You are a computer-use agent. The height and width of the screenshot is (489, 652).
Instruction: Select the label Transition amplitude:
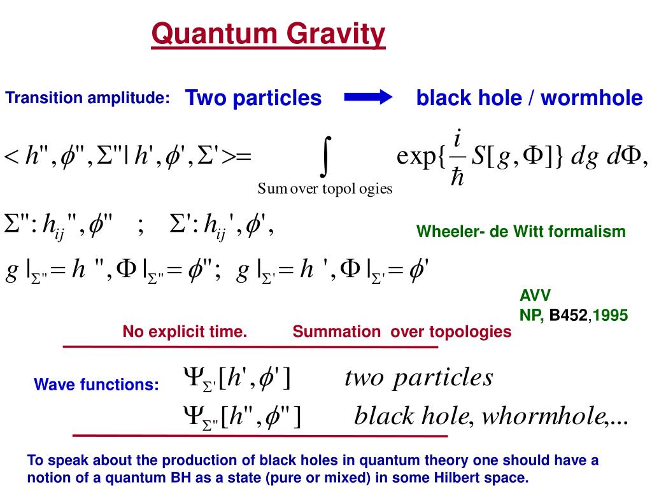tap(88, 98)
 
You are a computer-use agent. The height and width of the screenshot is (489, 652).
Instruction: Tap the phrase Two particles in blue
tap(253, 98)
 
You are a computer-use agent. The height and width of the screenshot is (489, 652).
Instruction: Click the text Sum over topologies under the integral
tap(325, 188)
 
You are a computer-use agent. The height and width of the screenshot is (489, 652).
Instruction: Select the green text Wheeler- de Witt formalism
tap(521, 232)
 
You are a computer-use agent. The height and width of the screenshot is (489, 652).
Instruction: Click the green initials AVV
tap(535, 295)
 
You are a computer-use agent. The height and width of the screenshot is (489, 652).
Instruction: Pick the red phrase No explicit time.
tap(185, 332)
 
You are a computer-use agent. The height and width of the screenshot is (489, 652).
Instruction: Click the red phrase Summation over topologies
tap(402, 332)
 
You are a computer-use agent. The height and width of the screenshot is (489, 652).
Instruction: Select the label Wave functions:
tap(96, 385)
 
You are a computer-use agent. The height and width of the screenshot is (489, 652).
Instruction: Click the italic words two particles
tap(418, 378)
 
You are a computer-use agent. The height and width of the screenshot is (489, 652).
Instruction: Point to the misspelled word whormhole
tap(543, 416)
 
